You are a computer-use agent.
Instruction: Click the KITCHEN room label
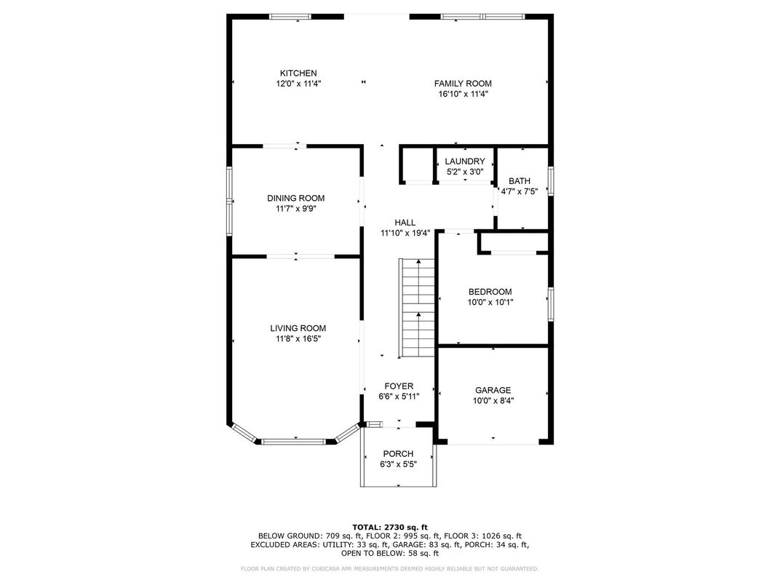click(x=298, y=73)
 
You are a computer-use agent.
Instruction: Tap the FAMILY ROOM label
click(x=463, y=84)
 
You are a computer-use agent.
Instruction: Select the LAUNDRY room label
click(x=465, y=162)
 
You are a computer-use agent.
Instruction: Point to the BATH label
click(x=520, y=181)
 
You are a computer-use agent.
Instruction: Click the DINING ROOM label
click(x=296, y=198)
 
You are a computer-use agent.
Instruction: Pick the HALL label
click(x=405, y=223)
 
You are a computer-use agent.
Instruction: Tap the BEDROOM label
click(x=490, y=292)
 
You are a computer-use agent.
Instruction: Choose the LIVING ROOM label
click(x=298, y=328)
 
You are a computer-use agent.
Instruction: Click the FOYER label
click(x=399, y=386)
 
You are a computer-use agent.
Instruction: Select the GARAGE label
click(x=493, y=390)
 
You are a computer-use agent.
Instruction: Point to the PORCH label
click(x=398, y=454)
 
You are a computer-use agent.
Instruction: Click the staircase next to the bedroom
click(x=417, y=308)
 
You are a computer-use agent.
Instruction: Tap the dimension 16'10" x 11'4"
click(x=463, y=94)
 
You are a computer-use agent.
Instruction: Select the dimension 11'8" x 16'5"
click(x=298, y=339)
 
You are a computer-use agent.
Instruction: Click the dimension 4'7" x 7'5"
click(x=520, y=191)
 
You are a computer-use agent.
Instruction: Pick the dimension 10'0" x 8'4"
click(x=493, y=400)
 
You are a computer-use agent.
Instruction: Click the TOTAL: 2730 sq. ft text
click(x=390, y=527)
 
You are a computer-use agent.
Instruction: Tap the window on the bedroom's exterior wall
click(x=551, y=304)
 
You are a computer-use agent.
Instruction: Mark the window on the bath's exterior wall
click(x=551, y=181)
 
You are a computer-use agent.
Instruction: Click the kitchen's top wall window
click(x=290, y=17)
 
